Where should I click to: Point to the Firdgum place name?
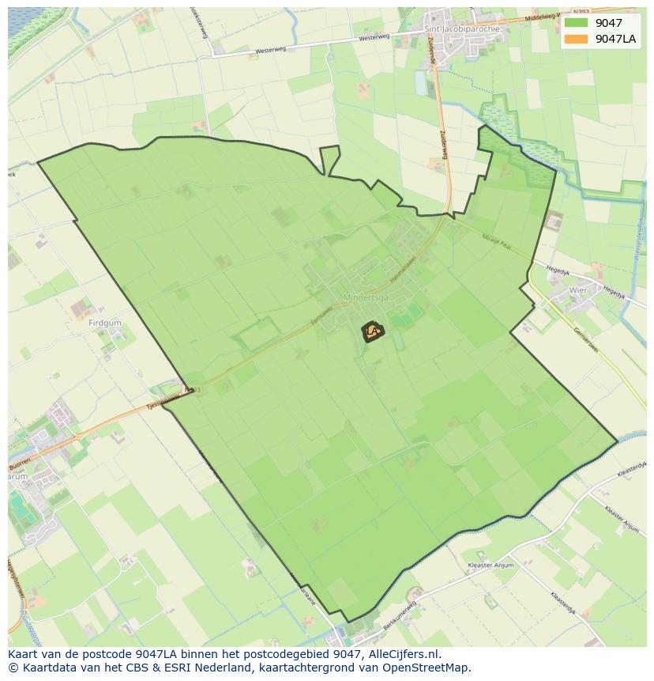tap(104, 323)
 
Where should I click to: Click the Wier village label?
tap(578, 290)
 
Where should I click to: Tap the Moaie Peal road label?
tap(496, 240)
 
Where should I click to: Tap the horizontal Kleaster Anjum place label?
tap(490, 566)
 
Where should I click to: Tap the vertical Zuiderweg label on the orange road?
tap(443, 145)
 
